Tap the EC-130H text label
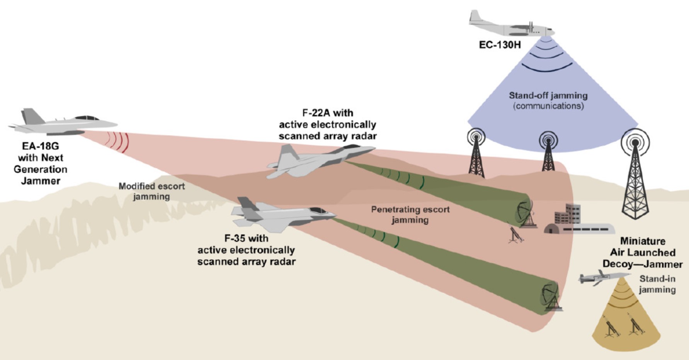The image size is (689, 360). coord(500,45)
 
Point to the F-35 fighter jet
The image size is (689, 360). coord(282,214)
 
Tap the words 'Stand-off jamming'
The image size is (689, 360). coord(548,95)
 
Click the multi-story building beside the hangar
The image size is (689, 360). coord(568,214)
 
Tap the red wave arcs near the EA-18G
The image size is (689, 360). coord(118,141)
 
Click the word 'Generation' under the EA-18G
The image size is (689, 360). coord(40,169)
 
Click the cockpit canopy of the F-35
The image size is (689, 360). coord(318,211)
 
